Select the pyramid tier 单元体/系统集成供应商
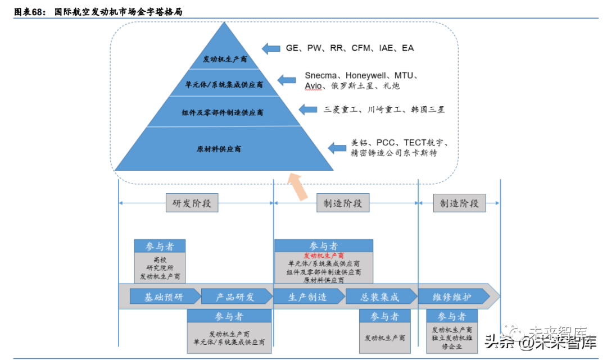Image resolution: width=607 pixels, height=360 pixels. coord(224,85)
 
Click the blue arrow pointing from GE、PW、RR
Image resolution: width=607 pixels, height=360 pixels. coord(271,48)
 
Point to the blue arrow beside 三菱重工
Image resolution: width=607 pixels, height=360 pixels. coord(309,109)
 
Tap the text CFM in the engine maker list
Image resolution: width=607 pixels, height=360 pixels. coord(361,48)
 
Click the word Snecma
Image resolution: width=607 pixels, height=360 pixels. coord(322,75)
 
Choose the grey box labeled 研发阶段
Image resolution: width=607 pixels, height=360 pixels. coord(192,203)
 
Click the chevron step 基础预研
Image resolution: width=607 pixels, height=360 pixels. coord(164,297)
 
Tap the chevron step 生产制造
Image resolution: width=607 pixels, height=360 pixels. coord(307,297)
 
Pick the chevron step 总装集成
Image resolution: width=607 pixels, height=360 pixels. coord(379,297)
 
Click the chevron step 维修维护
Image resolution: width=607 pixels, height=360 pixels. coord(452,297)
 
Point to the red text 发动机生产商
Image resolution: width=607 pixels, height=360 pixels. coord(323,256)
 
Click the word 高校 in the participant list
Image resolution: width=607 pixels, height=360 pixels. coord(160,260)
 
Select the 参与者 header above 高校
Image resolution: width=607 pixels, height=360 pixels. coord(160,246)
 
